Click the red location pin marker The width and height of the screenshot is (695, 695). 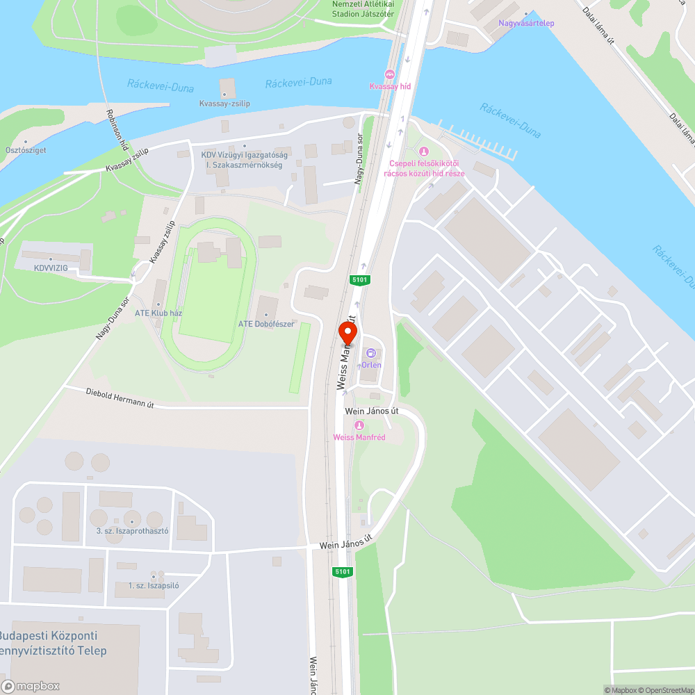[346, 334]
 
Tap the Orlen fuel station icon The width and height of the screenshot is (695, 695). [370, 354]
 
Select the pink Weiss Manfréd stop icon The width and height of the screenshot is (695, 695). [359, 425]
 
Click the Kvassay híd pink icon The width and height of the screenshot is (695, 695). [389, 74]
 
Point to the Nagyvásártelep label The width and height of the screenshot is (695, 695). [526, 23]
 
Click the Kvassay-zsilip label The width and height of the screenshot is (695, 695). [224, 104]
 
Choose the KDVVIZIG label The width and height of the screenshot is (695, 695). [51, 267]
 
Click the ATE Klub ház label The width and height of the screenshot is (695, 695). [158, 313]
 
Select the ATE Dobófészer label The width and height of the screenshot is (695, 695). [266, 324]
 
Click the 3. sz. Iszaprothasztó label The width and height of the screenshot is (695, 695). [132, 531]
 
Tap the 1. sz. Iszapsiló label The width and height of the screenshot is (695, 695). [154, 585]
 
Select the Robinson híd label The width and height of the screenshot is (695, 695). [117, 130]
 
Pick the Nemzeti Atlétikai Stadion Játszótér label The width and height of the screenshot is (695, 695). [363, 8]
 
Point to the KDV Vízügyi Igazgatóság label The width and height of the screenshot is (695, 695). [241, 160]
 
